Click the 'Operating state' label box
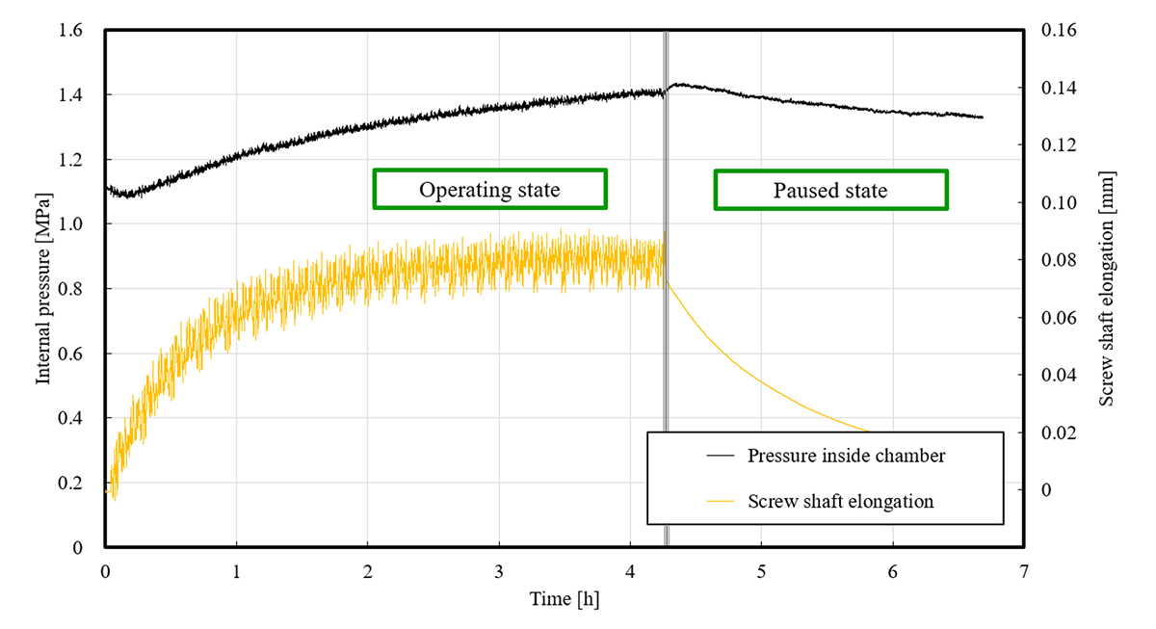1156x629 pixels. point(489,190)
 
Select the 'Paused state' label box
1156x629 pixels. point(830,191)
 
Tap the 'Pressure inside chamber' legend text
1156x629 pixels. point(846,456)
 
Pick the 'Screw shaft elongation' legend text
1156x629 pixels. point(840,501)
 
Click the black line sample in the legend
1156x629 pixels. point(720,456)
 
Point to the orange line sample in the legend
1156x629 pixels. point(720,501)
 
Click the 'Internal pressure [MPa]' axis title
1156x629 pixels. point(43,289)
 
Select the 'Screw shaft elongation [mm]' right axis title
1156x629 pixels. point(1108,289)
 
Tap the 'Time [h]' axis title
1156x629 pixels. point(564,599)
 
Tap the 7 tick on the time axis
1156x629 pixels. point(1023,571)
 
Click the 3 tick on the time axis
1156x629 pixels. point(499,571)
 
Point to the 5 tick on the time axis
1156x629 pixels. point(761,571)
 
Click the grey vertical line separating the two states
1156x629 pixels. point(666,289)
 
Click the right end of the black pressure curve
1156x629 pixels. point(982,118)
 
